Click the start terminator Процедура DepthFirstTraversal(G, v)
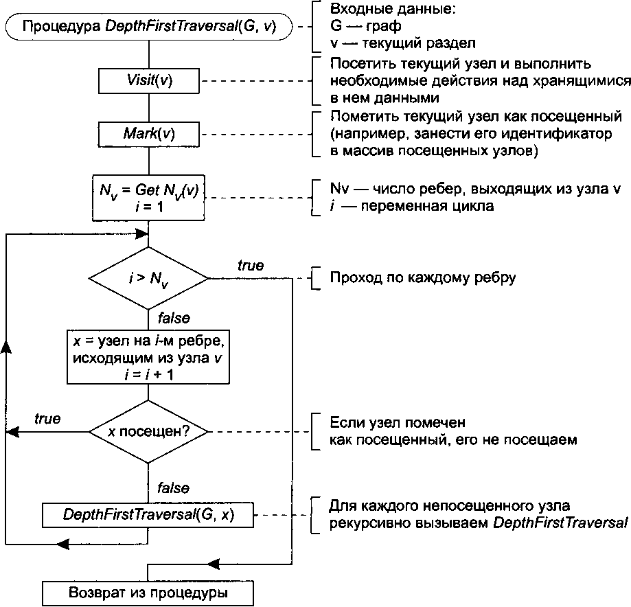coord(149,27)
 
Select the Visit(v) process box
coord(149,80)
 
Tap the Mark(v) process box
coord(149,133)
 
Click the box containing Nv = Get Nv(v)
coord(149,197)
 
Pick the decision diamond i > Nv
coord(149,279)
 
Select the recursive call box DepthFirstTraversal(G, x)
coord(148,514)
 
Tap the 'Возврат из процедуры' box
coord(148,592)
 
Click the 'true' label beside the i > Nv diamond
coord(251,265)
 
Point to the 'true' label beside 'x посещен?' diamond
coord(47,418)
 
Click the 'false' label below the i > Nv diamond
coord(174,318)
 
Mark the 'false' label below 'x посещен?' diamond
coord(174,488)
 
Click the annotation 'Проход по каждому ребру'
coord(423,279)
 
